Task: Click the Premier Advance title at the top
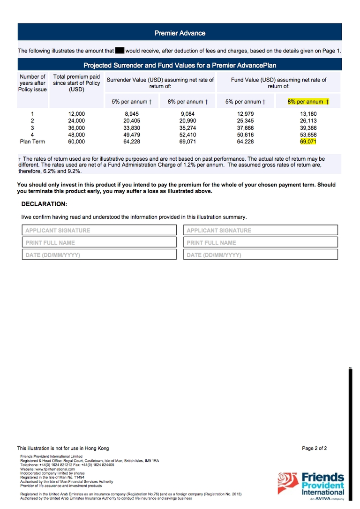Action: tap(180, 33)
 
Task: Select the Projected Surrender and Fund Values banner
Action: tap(180, 65)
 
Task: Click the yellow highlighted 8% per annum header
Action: tap(308, 101)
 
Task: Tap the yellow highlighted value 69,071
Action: tap(308, 141)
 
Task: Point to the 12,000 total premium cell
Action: tap(76, 114)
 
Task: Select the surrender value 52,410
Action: tap(187, 135)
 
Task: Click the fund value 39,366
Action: tap(308, 127)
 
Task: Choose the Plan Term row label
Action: tap(32, 141)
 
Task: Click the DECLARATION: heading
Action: tap(44, 204)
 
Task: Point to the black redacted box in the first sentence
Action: tap(120, 51)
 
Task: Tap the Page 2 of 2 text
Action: tap(314, 448)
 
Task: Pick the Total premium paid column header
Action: tap(76, 83)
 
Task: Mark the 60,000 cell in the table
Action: tap(76, 141)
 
